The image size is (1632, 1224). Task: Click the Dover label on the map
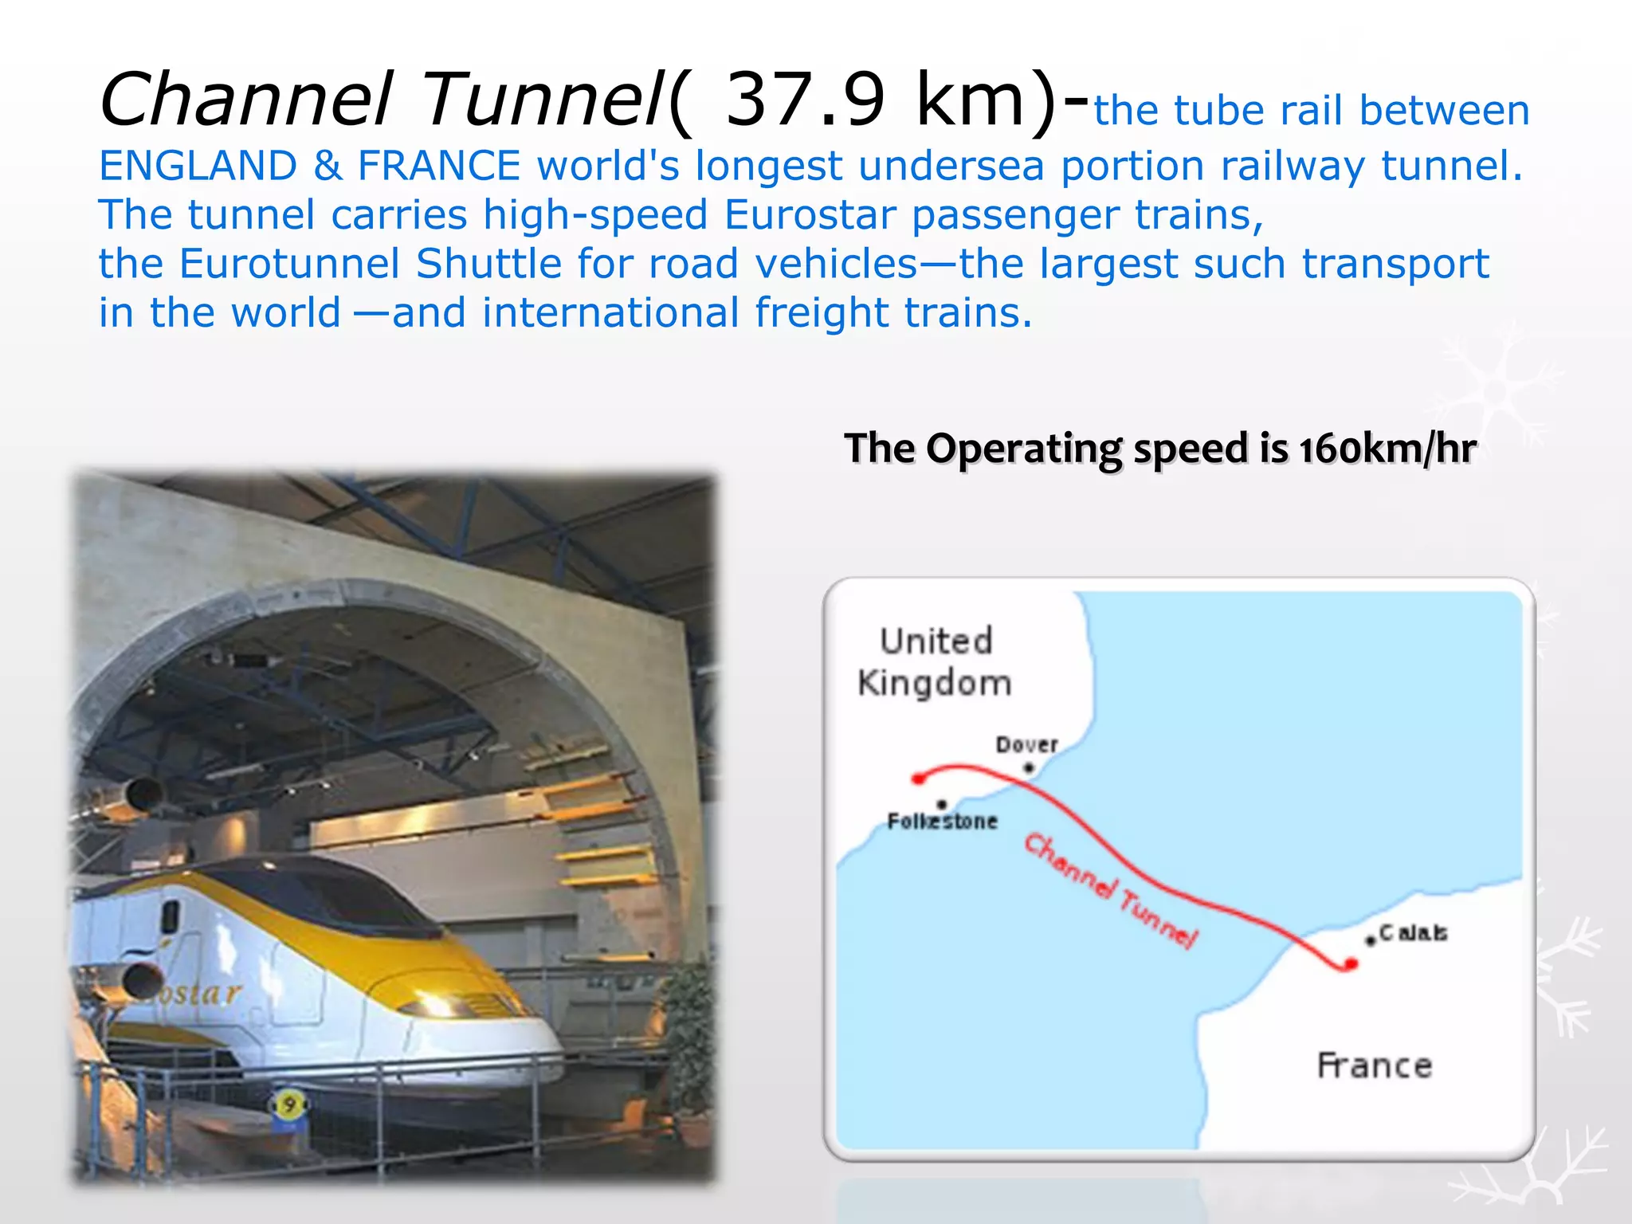coord(1026,745)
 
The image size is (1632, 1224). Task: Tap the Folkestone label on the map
coord(943,822)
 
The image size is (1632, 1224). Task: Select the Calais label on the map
coord(1413,933)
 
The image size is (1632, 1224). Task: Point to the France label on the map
coord(1375,1066)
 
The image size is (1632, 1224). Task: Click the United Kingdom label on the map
coord(936,662)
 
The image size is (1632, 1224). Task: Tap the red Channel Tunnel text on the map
coord(1110,891)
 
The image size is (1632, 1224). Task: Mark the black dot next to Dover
coord(1029,768)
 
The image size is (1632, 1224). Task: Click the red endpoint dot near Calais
coord(1350,965)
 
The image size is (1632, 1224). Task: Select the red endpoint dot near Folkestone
coord(919,779)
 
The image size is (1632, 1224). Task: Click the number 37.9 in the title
coord(806,100)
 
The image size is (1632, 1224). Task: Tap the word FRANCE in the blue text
coord(439,167)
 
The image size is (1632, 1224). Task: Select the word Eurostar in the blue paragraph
coord(810,215)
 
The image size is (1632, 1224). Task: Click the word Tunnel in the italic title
coord(542,100)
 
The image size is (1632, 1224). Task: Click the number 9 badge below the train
coord(289,1105)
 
